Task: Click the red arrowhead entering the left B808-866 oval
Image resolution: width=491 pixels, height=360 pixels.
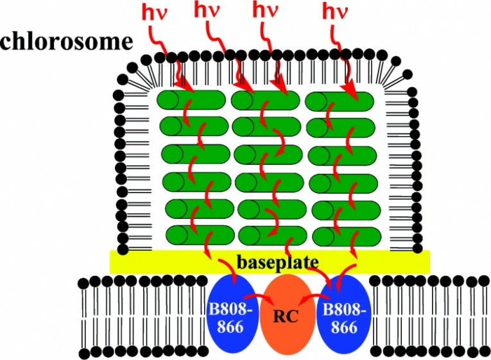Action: click(236, 283)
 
